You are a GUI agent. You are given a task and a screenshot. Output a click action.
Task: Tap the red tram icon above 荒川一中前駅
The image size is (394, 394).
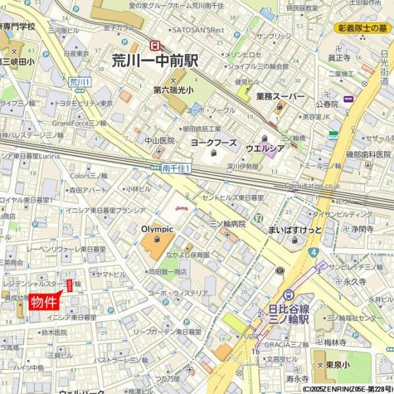[x=156, y=45]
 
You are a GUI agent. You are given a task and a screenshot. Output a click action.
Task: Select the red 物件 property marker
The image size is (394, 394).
[x=45, y=301]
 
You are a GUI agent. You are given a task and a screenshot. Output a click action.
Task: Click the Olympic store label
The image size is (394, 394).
[x=157, y=229]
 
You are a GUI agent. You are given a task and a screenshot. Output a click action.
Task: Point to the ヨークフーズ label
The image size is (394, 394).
[x=213, y=141]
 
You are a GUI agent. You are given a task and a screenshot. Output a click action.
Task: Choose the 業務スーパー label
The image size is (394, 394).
[x=280, y=97]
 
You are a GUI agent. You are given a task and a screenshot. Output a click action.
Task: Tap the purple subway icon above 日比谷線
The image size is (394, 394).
[x=288, y=295]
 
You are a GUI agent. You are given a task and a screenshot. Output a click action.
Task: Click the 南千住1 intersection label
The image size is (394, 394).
[x=176, y=169]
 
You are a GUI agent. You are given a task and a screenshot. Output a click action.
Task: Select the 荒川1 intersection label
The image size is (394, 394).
[x=79, y=81]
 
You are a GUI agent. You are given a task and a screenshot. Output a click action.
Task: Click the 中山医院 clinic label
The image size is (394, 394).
[x=160, y=141]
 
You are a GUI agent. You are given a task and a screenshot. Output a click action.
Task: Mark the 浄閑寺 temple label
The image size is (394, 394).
[x=361, y=229]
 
